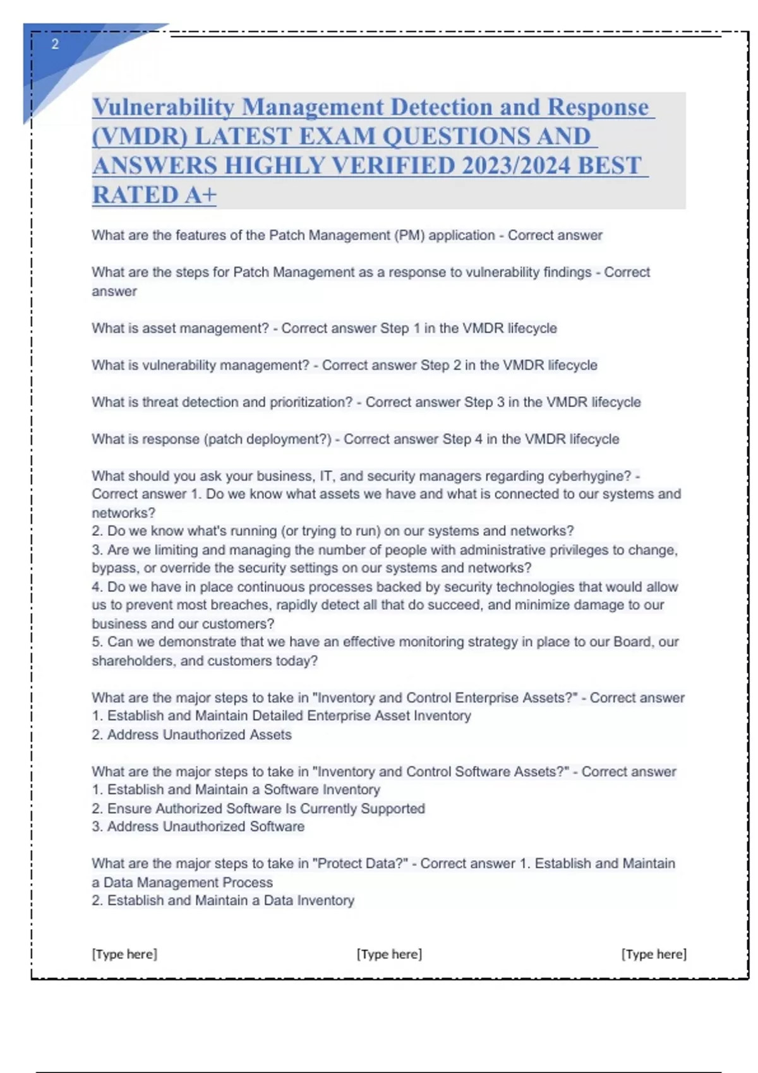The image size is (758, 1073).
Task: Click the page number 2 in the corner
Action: click(55, 44)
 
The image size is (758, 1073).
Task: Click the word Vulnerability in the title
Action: click(164, 107)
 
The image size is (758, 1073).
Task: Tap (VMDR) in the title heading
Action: click(140, 136)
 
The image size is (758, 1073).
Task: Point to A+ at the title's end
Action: click(200, 194)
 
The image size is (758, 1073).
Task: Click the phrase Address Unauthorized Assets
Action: click(199, 735)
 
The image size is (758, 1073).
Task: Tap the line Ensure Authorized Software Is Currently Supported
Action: click(265, 809)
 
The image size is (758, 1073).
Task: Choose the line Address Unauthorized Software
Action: click(205, 827)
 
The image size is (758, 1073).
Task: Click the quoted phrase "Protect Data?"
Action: click(360, 863)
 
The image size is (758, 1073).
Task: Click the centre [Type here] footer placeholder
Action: click(389, 954)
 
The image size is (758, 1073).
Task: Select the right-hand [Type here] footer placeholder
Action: click(654, 954)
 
